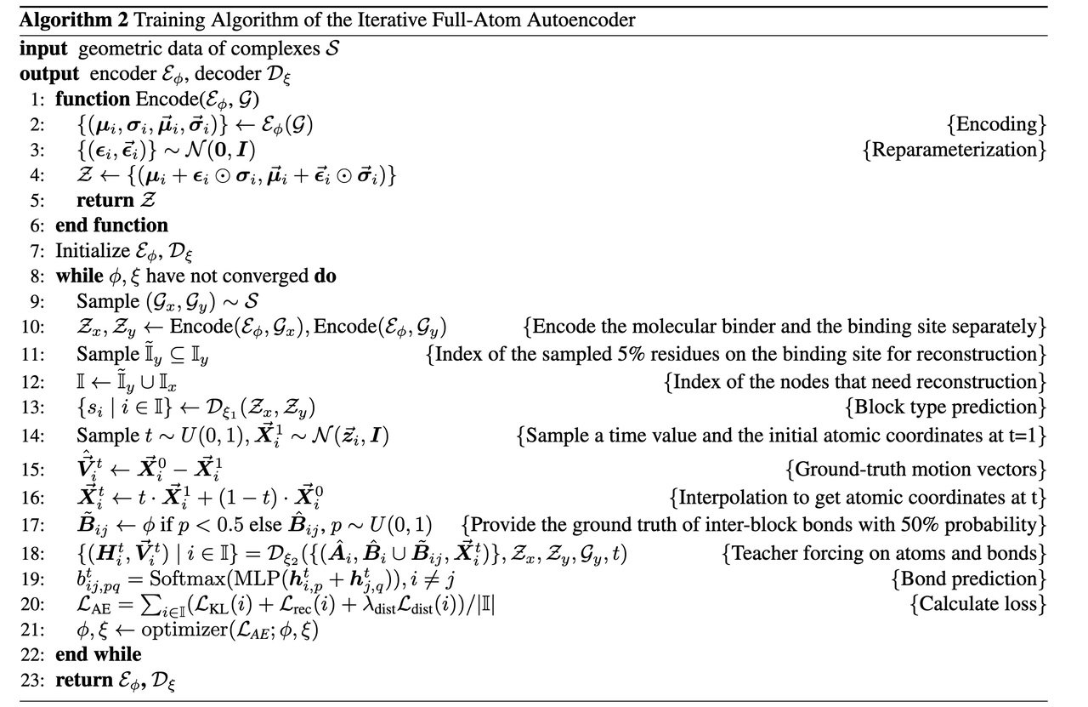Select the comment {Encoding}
(x=996, y=124)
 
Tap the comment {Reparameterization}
(x=953, y=150)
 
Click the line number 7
(x=39, y=251)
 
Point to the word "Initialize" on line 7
(x=93, y=251)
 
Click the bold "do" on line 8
(x=325, y=277)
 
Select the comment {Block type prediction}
(x=945, y=407)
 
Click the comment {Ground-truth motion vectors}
(x=916, y=469)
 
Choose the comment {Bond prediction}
(x=969, y=579)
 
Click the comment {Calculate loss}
(x=977, y=606)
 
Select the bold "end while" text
(x=98, y=654)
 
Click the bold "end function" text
(x=111, y=225)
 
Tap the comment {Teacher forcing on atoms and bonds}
(x=884, y=554)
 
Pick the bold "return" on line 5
(x=105, y=201)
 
